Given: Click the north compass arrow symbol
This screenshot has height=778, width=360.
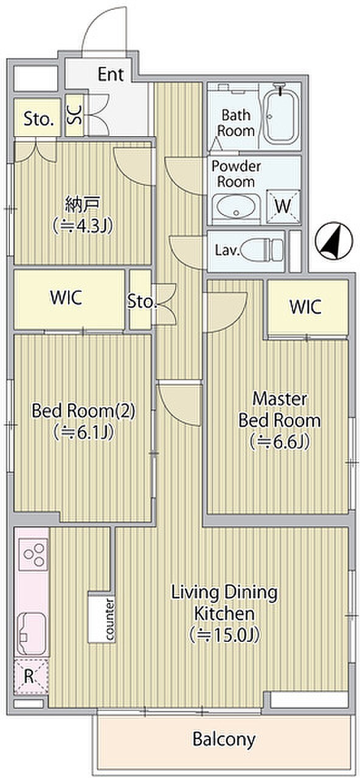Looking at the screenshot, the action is pos(333,241).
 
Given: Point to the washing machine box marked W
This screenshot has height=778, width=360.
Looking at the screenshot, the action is pos(283,206).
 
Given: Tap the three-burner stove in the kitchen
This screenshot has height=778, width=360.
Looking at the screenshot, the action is pos(33,555).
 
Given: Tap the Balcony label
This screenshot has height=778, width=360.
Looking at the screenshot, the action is pos(224,739).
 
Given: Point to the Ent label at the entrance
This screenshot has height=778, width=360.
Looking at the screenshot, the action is pos(111,74).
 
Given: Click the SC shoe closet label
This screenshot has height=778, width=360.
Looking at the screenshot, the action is pos(75,115).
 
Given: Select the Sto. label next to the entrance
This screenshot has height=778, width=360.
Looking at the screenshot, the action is pos(38,119).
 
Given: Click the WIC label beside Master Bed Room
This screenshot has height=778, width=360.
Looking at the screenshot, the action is pos(305,306).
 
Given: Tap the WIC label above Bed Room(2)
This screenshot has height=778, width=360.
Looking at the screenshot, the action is pos(66,297).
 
